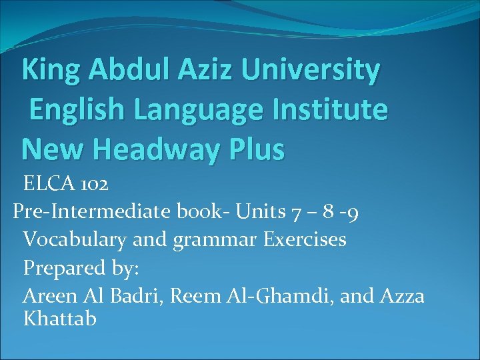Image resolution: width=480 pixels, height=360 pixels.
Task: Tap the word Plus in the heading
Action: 256,149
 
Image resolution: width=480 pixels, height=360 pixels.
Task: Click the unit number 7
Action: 296,212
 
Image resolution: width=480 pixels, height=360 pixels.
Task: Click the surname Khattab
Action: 60,318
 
